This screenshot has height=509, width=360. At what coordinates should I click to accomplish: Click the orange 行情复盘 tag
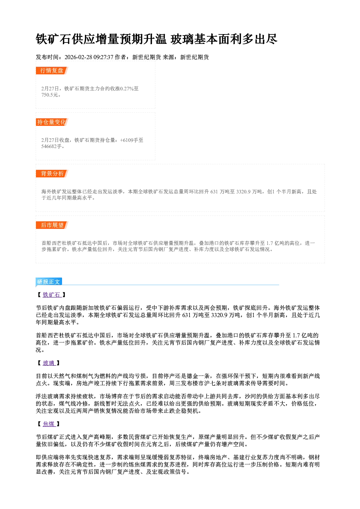click(x=52, y=70)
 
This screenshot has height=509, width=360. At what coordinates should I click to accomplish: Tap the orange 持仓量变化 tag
click(x=52, y=122)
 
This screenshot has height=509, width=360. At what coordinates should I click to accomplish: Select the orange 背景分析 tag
click(x=52, y=174)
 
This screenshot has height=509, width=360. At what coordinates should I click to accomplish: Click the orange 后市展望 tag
click(x=52, y=225)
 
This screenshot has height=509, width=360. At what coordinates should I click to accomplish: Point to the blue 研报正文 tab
click(x=49, y=282)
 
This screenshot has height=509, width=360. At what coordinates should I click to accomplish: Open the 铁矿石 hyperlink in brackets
click(x=52, y=295)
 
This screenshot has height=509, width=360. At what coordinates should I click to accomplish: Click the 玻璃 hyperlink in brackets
click(x=49, y=363)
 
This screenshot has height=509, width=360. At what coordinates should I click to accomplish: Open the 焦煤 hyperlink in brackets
click(x=49, y=424)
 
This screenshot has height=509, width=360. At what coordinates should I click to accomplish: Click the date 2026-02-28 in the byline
click(x=78, y=57)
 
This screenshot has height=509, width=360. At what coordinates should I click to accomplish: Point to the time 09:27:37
click(x=103, y=57)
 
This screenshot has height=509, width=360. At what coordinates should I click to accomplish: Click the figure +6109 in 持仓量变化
click(x=127, y=140)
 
